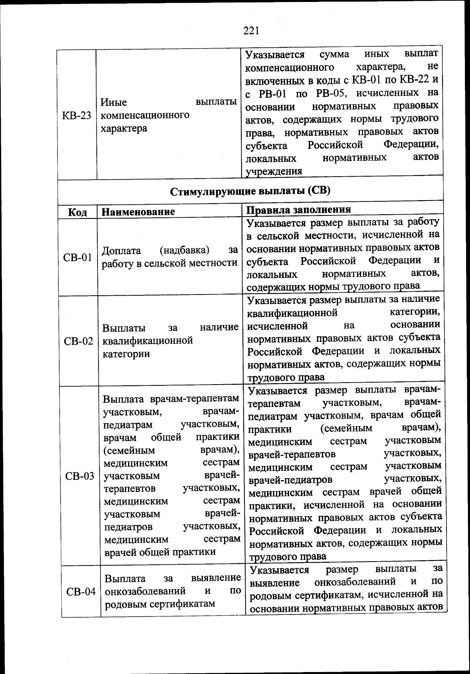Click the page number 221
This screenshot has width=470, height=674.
[251, 30]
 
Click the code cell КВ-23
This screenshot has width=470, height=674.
[76, 116]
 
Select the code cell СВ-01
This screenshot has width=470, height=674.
[77, 258]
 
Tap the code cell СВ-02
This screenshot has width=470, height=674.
[78, 341]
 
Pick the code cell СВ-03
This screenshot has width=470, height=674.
[80, 476]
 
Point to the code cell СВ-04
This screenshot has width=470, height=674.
[81, 591]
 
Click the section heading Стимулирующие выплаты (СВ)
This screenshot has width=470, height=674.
[250, 191]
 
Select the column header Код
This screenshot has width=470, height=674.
[77, 212]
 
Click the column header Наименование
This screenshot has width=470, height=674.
[138, 211]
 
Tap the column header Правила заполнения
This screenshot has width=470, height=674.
[298, 209]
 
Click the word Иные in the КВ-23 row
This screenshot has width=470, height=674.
[114, 102]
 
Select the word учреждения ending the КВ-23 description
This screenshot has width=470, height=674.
[274, 171]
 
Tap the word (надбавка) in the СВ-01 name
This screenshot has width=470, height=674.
[184, 250]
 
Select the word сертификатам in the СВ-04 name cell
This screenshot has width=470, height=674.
[183, 604]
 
